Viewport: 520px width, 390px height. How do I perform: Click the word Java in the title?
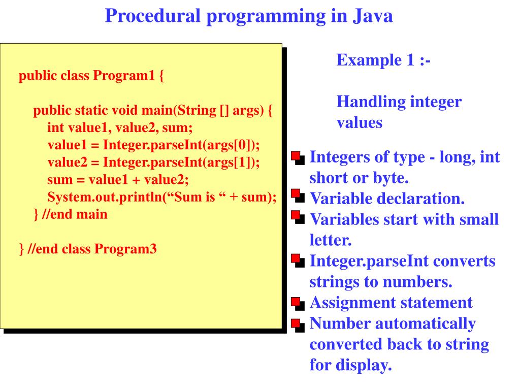tap(372, 16)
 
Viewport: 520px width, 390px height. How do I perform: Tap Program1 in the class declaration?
tap(124, 76)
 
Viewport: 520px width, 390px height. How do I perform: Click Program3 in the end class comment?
tap(125, 249)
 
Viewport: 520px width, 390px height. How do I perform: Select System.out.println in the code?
tap(105, 197)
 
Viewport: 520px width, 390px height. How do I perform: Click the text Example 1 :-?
tap(383, 60)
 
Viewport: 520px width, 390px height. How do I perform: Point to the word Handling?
tap(371, 102)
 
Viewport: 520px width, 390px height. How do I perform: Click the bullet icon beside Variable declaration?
tap(298, 196)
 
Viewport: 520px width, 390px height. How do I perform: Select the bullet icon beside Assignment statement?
tap(298, 304)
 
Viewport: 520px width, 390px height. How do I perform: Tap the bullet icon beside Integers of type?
tap(298, 158)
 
